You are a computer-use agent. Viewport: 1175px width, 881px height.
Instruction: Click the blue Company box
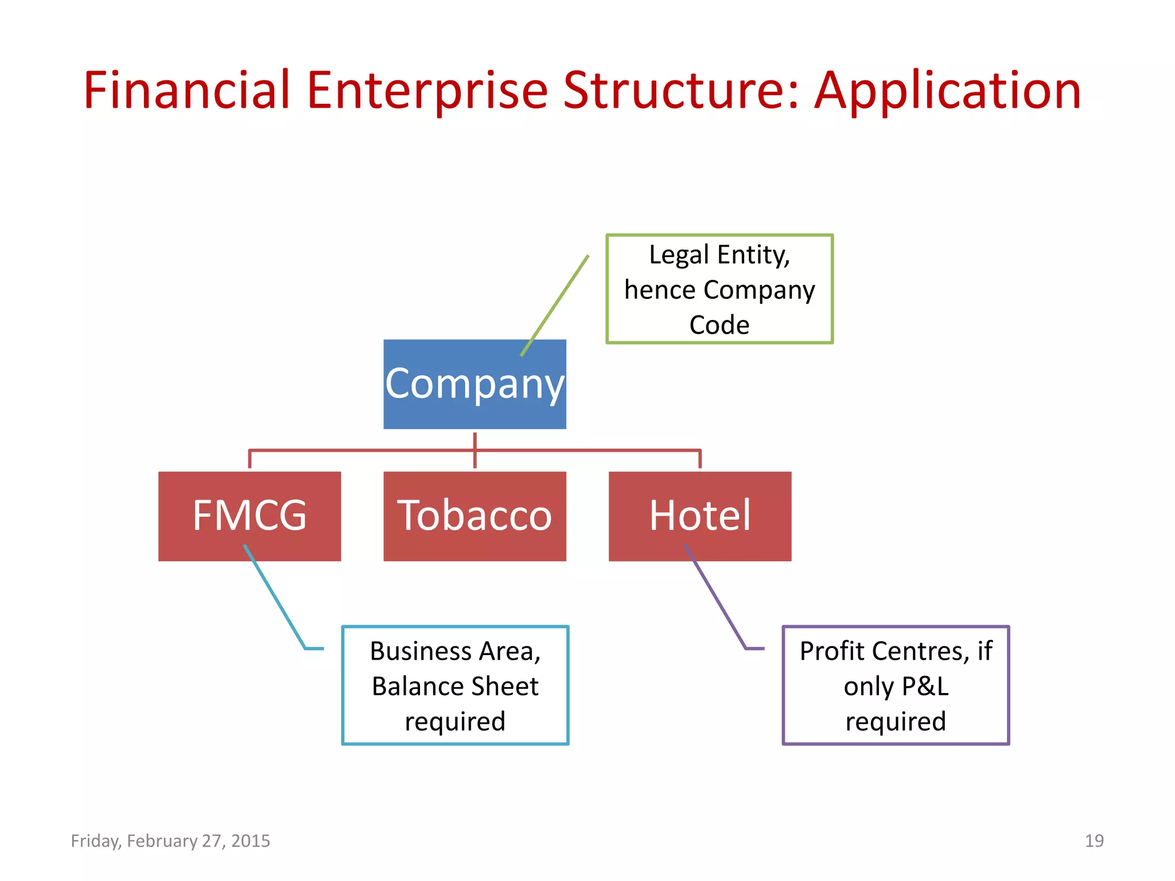point(474,384)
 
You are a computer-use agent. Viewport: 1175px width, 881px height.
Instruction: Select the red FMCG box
point(250,516)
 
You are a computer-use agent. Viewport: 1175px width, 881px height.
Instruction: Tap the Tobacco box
point(474,516)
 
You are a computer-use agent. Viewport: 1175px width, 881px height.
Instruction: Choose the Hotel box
point(699,516)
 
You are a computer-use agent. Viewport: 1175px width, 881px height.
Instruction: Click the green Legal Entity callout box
point(719,289)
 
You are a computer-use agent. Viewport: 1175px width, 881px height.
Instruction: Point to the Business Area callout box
point(455,685)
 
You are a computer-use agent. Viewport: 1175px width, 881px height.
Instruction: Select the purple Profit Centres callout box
point(896,685)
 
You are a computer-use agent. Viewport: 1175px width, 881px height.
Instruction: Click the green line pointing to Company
point(555,306)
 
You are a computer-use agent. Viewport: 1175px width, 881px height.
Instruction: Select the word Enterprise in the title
point(427,92)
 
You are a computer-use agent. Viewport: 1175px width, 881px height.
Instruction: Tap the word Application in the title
point(948,92)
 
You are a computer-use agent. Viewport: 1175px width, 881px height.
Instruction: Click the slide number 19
point(1094,841)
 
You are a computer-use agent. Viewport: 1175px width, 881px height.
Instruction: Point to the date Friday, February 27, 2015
point(170,841)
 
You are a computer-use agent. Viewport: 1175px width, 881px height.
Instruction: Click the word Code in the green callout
point(719,325)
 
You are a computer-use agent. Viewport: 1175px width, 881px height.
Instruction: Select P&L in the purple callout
point(925,686)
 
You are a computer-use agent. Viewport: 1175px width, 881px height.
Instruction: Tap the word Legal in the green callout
point(679,255)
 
